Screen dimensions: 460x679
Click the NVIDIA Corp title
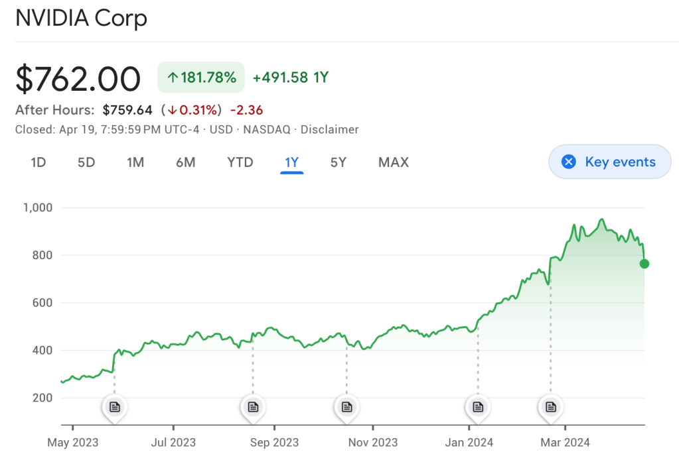[81, 18]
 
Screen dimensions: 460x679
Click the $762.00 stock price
[78, 79]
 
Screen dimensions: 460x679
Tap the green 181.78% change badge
[200, 78]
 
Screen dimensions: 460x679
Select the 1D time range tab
[38, 162]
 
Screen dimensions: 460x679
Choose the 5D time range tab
[86, 162]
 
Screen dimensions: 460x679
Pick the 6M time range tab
[185, 162]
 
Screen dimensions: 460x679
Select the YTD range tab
[240, 162]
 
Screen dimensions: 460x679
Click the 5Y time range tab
[339, 162]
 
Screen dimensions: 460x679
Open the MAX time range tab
[393, 162]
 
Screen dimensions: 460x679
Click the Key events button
[609, 162]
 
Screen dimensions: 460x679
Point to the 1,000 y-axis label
[37, 207]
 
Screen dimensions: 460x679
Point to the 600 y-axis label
[42, 303]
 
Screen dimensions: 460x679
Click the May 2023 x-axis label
[73, 443]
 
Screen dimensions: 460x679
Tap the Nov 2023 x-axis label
[372, 443]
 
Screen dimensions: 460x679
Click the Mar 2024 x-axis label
[564, 443]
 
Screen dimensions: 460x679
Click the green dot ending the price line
[644, 264]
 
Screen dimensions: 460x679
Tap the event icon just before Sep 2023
[252, 407]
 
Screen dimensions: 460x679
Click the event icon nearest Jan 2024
[477, 407]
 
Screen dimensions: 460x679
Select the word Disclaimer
[329, 130]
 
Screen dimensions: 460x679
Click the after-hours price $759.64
[127, 110]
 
